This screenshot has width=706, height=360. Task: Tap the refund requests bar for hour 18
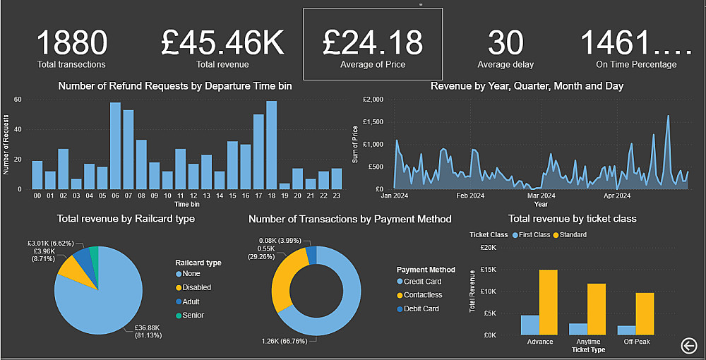coord(271,145)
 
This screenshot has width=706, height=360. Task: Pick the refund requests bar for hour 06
coord(115,146)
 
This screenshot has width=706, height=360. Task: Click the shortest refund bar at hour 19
coord(285,186)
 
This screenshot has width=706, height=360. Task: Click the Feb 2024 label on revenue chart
coord(470,196)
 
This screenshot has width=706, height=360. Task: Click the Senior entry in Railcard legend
coord(193,316)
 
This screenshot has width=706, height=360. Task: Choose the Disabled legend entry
coord(196,287)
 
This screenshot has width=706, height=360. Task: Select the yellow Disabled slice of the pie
coord(69,267)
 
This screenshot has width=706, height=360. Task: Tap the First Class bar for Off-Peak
coord(626,330)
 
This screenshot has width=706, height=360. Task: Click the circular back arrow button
coord(690,344)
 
